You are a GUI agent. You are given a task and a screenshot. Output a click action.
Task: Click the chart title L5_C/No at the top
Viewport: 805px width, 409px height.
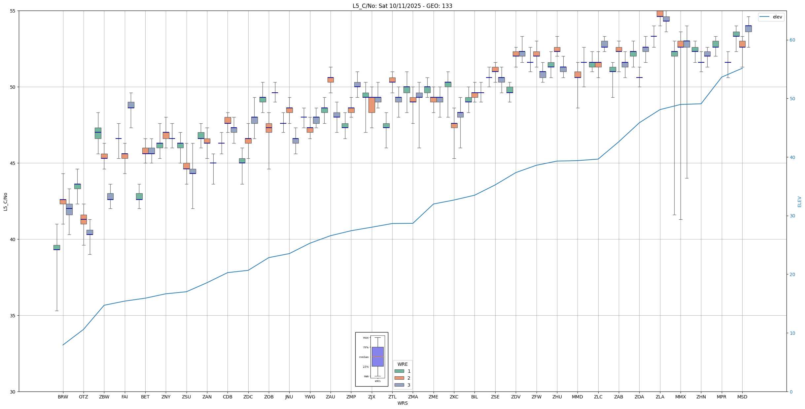pyautogui.click(x=402, y=6)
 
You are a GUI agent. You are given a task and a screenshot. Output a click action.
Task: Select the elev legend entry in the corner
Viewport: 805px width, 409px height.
pyautogui.click(x=771, y=17)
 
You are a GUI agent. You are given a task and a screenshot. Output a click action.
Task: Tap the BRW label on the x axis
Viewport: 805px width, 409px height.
pyautogui.click(x=63, y=397)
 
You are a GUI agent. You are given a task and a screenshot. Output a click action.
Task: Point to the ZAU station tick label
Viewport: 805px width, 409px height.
pyautogui.click(x=330, y=397)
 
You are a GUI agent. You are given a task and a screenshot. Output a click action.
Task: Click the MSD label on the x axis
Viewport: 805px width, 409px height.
pyautogui.click(x=742, y=397)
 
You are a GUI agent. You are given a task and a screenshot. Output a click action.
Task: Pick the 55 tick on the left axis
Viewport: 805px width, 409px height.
pyautogui.click(x=13, y=11)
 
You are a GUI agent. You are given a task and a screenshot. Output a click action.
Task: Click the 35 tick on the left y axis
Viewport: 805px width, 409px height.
pyautogui.click(x=13, y=316)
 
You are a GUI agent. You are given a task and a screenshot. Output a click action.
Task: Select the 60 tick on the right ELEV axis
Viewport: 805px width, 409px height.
pyautogui.click(x=792, y=40)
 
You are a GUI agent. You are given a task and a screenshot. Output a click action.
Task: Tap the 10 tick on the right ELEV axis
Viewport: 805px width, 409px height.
pyautogui.click(x=792, y=333)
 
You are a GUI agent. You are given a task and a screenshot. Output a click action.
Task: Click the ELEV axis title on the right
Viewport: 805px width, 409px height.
pyautogui.click(x=799, y=202)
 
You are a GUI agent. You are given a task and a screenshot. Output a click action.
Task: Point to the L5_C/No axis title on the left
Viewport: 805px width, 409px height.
pyautogui.click(x=5, y=202)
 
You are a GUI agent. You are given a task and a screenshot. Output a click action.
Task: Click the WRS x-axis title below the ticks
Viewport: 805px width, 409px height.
pyautogui.click(x=402, y=403)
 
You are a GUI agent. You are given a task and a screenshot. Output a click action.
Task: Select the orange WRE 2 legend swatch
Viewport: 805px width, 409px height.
pyautogui.click(x=399, y=378)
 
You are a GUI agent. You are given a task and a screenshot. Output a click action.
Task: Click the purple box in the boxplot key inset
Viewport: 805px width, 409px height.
pyautogui.click(x=377, y=357)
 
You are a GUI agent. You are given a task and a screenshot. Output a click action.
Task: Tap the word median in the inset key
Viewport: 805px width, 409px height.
pyautogui.click(x=364, y=357)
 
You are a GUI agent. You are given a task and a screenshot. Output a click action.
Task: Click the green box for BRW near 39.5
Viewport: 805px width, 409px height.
pyautogui.click(x=57, y=247)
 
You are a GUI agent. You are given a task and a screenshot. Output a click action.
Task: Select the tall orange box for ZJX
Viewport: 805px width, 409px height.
pyautogui.click(x=371, y=105)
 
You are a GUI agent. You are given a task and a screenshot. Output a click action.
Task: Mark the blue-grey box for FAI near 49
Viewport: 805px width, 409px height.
pyautogui.click(x=131, y=105)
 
